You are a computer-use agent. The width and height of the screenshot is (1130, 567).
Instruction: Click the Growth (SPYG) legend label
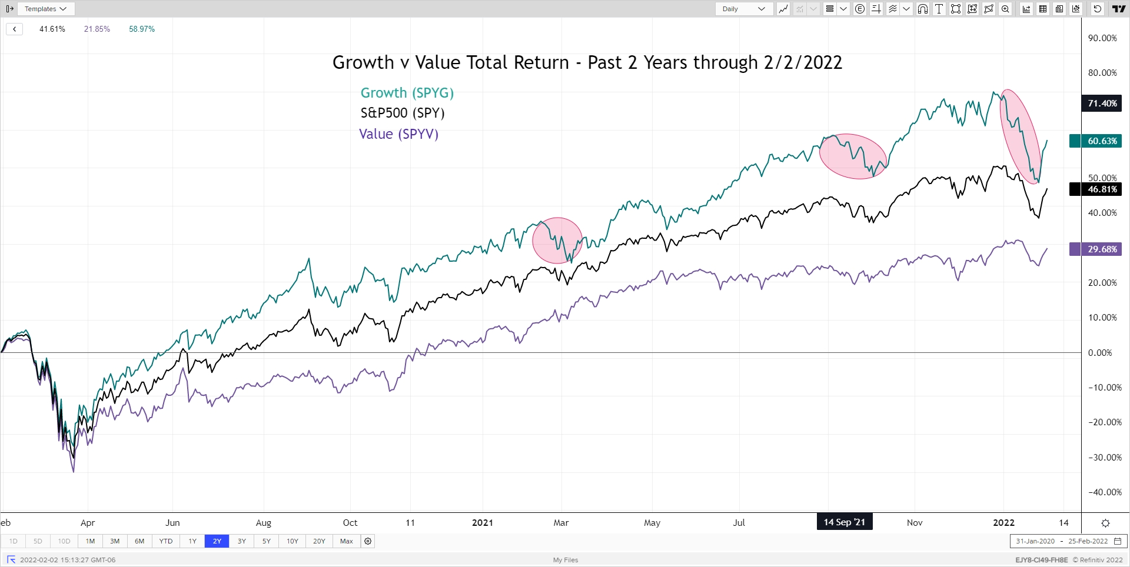pos(407,93)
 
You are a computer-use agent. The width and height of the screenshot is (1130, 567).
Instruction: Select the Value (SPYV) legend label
pos(398,134)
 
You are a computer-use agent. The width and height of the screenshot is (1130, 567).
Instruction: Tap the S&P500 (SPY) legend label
pos(402,113)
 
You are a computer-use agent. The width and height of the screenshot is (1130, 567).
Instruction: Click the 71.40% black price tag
pos(1102,104)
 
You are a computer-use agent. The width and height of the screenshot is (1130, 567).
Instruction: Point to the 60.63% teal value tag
pos(1102,141)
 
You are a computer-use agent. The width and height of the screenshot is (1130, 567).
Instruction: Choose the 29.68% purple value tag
pos(1102,249)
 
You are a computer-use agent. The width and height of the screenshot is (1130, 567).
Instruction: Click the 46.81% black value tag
pos(1102,189)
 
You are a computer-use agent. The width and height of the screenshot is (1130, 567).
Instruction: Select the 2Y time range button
pos(217,541)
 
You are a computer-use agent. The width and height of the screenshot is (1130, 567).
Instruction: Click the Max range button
pos(347,541)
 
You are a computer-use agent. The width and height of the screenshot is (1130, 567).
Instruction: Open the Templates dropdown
pos(46,9)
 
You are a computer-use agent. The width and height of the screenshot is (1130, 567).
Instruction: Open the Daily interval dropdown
pos(744,9)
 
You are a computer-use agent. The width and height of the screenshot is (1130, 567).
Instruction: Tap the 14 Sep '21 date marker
pos(844,522)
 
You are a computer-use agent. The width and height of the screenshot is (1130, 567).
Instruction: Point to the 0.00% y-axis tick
pos(1099,353)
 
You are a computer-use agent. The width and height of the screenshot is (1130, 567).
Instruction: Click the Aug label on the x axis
pos(264,523)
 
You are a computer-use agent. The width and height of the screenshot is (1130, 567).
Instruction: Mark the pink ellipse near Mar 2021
pos(557,241)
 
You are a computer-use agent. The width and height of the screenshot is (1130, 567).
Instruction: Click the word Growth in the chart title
pos(363,62)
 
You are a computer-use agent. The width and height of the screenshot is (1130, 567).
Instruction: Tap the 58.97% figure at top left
pos(142,29)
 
